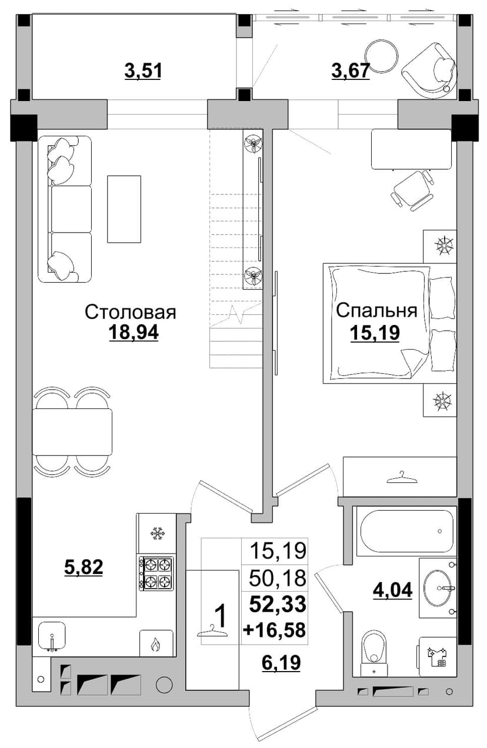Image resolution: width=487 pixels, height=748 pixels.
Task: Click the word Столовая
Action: point(130,312)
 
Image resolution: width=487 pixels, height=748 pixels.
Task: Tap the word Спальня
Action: point(376,311)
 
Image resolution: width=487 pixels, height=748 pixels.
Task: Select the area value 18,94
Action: point(134,333)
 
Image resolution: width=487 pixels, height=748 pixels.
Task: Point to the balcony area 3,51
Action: point(143,71)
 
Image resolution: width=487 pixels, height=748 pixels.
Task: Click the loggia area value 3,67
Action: point(351,71)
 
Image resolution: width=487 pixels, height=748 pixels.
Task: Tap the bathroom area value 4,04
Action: point(392,590)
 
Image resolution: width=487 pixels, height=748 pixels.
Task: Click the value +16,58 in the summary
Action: point(275,629)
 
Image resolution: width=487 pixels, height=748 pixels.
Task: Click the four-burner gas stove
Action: point(156,573)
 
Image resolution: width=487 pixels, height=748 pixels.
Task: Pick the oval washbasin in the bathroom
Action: point(438,589)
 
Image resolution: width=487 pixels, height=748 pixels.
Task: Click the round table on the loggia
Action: point(381,56)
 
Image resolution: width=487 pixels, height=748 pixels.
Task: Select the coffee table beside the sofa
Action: point(124,209)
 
